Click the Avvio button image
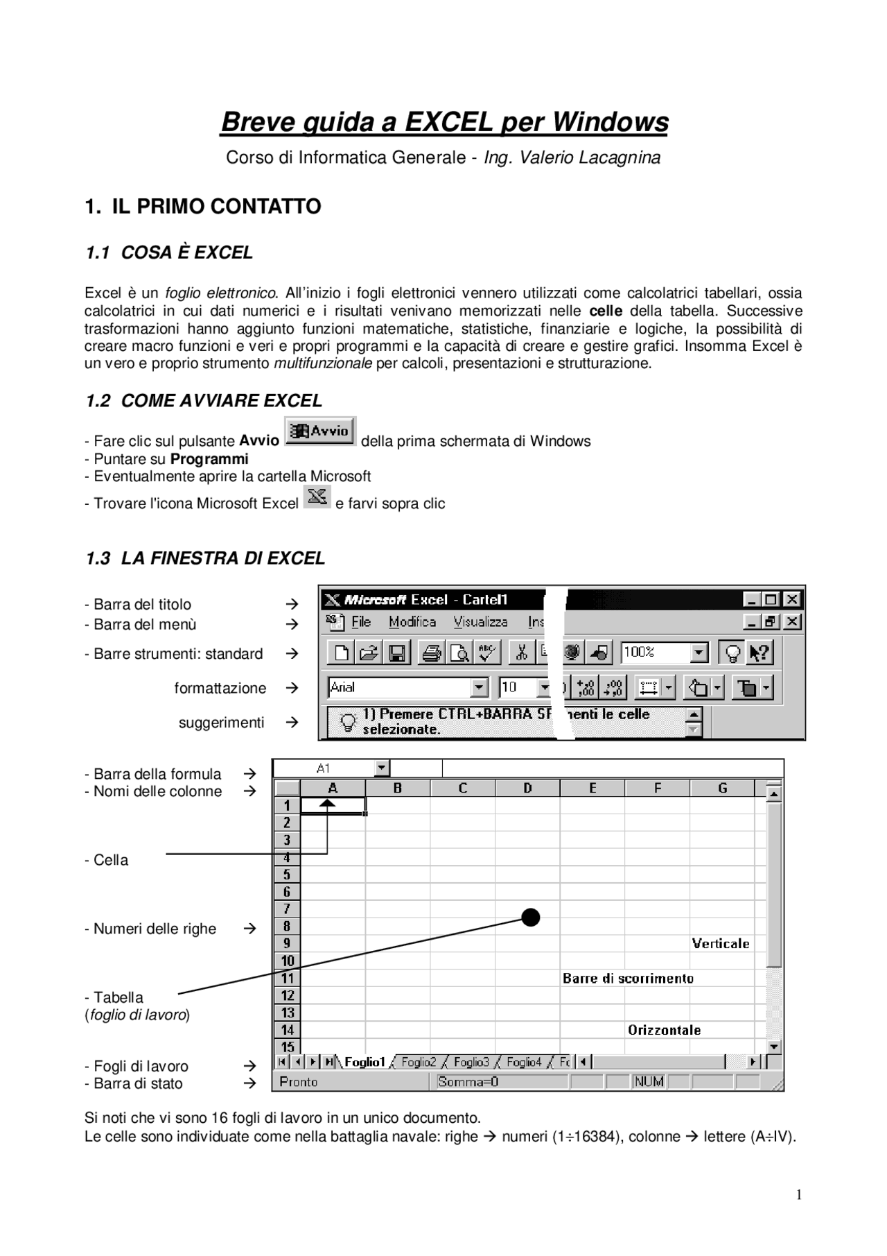tap(320, 431)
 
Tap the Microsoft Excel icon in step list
tap(317, 497)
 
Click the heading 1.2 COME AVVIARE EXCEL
tap(204, 401)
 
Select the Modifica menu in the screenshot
tap(412, 622)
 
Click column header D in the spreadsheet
tap(527, 788)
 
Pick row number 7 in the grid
tap(287, 909)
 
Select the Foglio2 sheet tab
tap(419, 1062)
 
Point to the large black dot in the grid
tap(531, 918)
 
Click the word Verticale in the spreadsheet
tap(721, 943)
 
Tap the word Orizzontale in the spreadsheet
tap(664, 1030)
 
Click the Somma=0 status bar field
tap(468, 1082)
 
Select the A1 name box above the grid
tap(324, 768)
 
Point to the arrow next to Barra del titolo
tap(292, 604)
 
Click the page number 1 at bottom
tap(799, 1194)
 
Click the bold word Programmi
tap(209, 459)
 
